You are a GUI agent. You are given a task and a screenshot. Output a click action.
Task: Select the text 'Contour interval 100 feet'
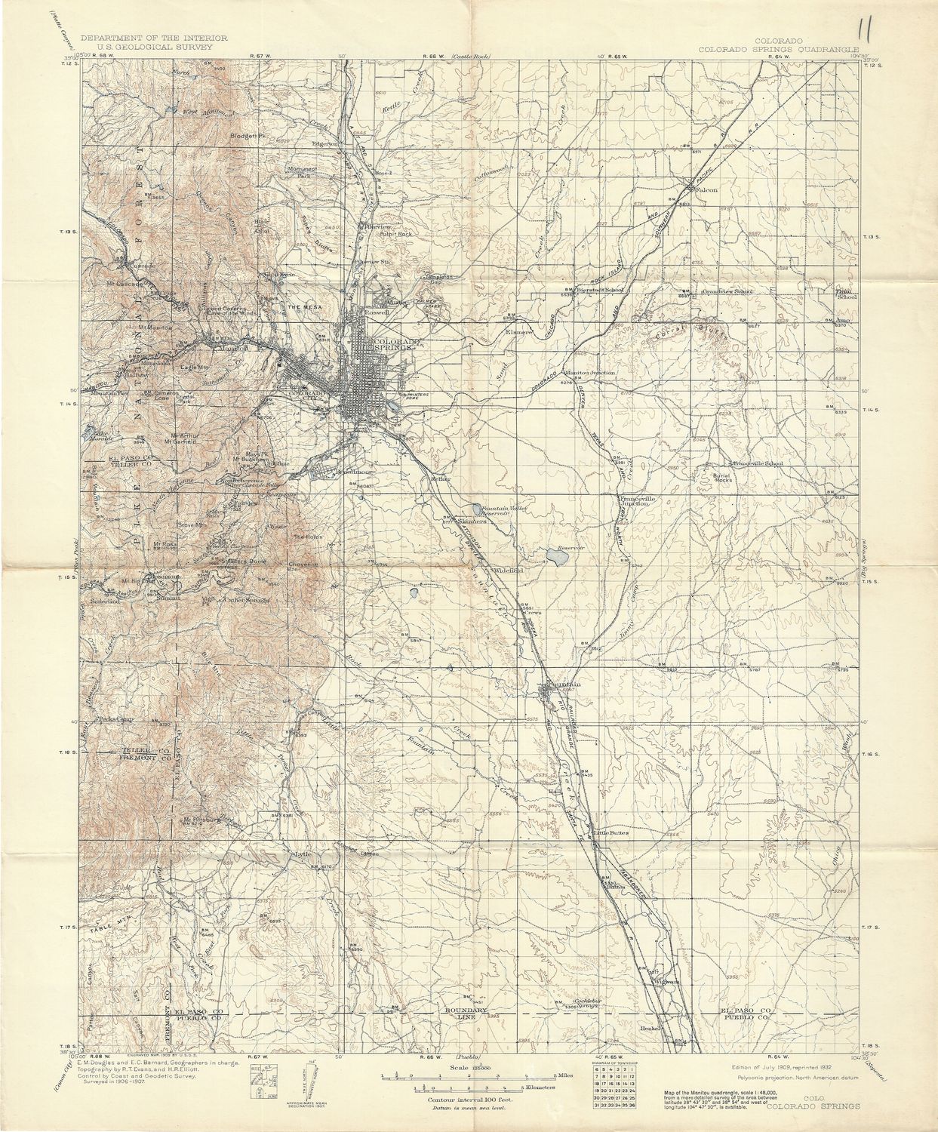click(x=468, y=1100)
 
